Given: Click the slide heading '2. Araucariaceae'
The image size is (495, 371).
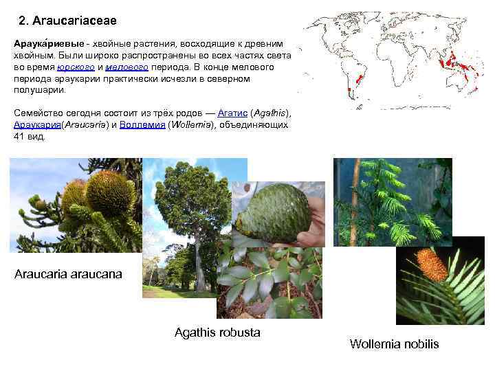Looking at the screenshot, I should click(72, 20).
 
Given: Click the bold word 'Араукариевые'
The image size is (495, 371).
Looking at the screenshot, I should click(42, 44).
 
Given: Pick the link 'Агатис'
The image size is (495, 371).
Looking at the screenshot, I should click(232, 113).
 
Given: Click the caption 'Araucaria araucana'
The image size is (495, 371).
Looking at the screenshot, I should click(68, 274).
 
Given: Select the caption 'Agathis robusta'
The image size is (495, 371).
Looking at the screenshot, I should click(217, 333).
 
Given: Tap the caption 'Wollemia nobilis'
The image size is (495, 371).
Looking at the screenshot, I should click(394, 344).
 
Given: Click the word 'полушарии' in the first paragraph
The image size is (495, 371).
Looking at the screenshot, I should click(38, 90).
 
